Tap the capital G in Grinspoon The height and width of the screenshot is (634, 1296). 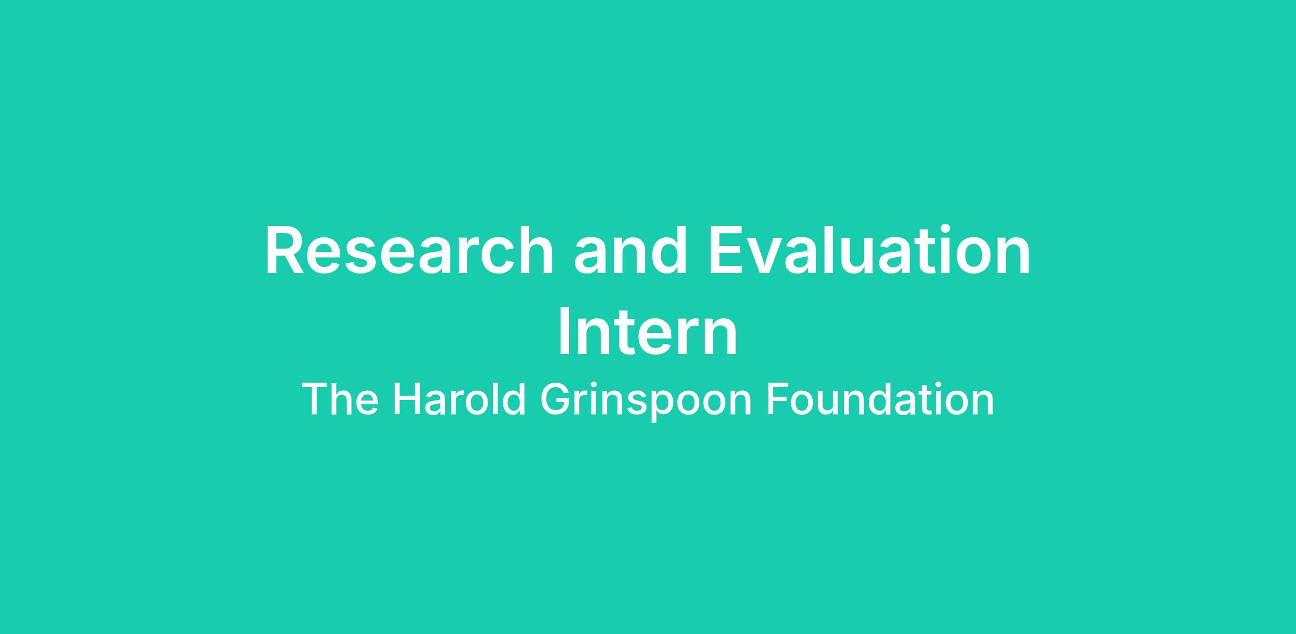(556, 400)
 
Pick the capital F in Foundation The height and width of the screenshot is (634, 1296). (778, 400)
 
